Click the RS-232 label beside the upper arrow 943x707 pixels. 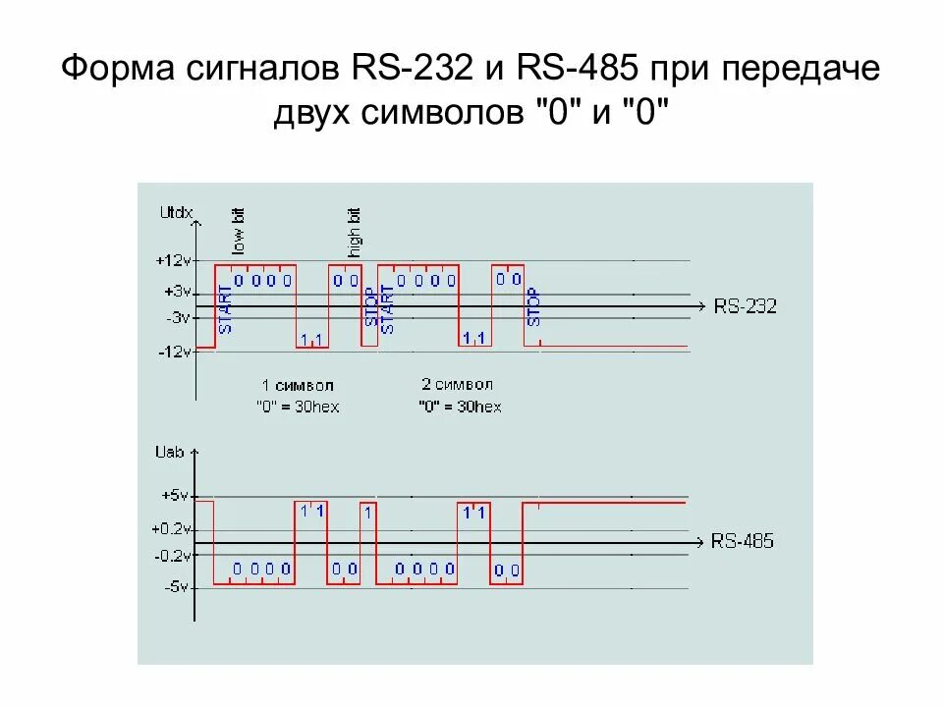(745, 306)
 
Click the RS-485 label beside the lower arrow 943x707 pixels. (742, 541)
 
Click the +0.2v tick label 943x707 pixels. (168, 528)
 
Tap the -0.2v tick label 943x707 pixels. (170, 555)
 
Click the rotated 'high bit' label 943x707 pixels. (355, 232)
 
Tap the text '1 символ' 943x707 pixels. (298, 385)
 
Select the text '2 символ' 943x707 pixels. (457, 385)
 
